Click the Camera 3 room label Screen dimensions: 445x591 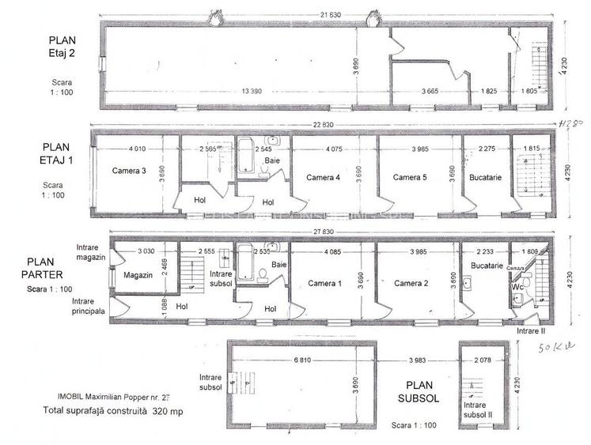(x=128, y=170)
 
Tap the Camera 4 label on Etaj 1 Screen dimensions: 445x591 (x=323, y=177)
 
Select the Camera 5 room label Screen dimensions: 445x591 (x=410, y=177)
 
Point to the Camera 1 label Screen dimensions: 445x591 (x=324, y=283)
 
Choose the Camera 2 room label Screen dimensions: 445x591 (x=411, y=283)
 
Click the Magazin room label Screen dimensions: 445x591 (x=138, y=275)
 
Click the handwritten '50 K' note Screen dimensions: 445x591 (x=555, y=347)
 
